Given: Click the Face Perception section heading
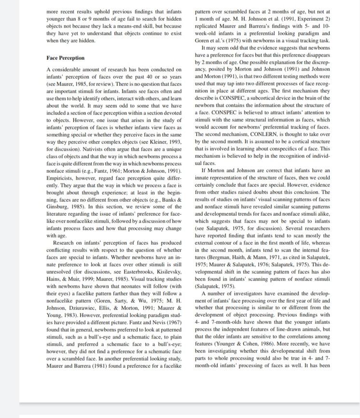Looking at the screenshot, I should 65,58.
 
